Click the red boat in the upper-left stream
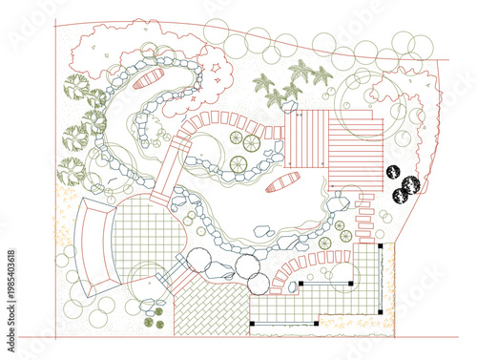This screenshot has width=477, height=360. (149, 79)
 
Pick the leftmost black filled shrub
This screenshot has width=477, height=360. (393, 173)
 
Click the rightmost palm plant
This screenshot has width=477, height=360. (322, 74)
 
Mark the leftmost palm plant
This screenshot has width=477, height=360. (264, 83)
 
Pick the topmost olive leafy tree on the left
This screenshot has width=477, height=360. (75, 87)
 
